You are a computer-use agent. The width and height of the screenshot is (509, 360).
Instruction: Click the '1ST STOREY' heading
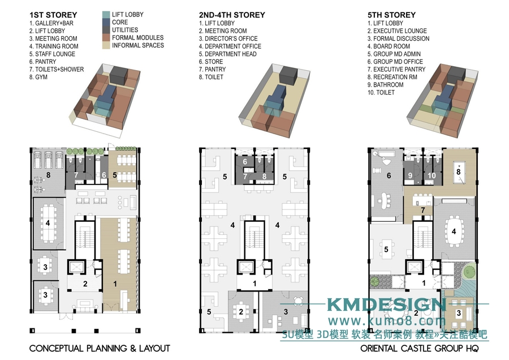click(x=53, y=15)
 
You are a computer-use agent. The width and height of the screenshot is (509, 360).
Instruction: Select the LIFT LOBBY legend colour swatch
click(x=106, y=15)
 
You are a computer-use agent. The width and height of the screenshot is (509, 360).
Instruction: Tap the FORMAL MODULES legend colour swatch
click(x=106, y=38)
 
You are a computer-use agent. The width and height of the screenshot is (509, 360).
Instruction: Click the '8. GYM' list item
click(x=38, y=77)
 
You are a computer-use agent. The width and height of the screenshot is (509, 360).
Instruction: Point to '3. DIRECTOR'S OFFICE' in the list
click(x=228, y=38)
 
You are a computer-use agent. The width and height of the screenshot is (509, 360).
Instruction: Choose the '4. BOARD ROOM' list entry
click(x=389, y=46)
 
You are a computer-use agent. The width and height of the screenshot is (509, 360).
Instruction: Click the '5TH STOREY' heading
click(x=391, y=15)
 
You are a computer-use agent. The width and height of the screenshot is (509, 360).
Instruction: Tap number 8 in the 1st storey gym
click(x=49, y=175)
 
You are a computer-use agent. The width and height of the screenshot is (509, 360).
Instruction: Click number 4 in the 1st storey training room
click(x=48, y=223)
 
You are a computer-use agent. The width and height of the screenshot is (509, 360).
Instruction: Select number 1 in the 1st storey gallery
click(x=115, y=284)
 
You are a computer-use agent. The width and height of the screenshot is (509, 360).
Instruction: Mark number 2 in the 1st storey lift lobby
click(x=85, y=284)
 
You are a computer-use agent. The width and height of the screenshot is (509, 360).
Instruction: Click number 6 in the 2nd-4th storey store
click(x=245, y=161)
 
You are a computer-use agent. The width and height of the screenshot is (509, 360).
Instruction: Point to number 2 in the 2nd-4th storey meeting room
click(x=241, y=312)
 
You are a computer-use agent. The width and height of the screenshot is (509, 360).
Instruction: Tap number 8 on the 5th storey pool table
click(x=458, y=172)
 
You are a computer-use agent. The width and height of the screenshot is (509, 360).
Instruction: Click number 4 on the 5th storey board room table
click(x=454, y=232)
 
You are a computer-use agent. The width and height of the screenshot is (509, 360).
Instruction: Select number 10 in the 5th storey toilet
click(x=432, y=175)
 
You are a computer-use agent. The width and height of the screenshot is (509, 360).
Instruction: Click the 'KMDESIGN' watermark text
click(x=386, y=305)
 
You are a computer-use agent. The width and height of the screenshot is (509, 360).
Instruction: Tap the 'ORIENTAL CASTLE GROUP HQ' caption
click(x=420, y=349)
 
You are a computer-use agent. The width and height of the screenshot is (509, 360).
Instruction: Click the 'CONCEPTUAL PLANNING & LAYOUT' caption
click(x=100, y=349)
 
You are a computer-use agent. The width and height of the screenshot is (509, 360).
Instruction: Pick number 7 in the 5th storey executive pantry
click(x=422, y=210)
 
